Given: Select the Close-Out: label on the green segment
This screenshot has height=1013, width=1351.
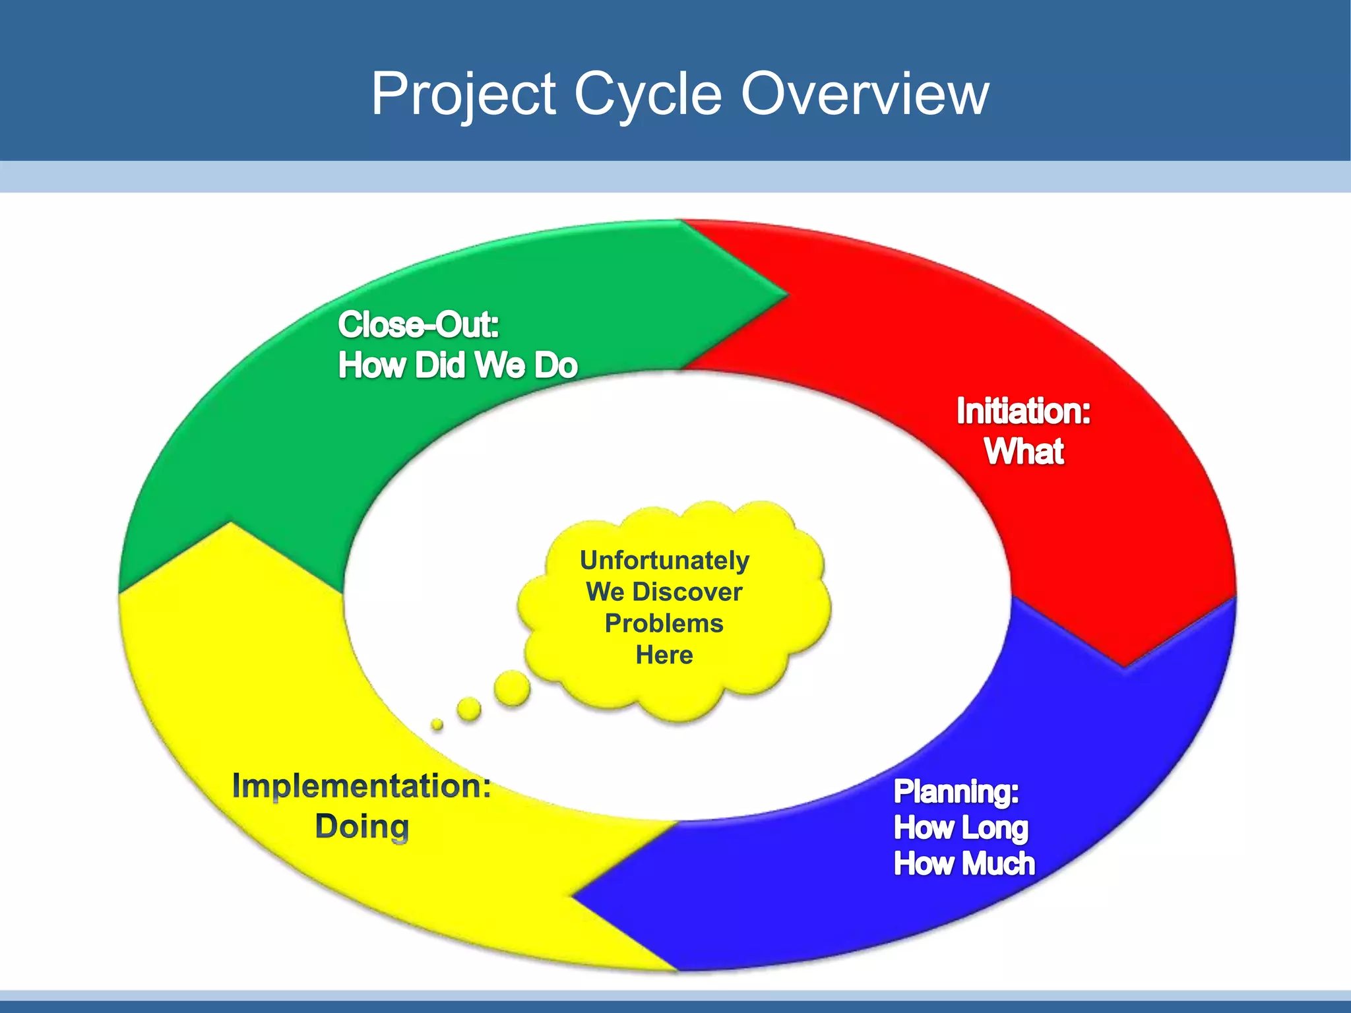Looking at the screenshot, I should pos(418,324).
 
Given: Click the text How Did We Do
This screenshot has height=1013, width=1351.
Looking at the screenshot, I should pos(457,365).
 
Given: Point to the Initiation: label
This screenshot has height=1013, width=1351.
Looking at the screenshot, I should pos(1023,411).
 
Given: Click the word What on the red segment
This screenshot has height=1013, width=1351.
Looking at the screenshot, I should pos(1024,452).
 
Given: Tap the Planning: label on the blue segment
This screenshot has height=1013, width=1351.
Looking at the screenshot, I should pos(956,791).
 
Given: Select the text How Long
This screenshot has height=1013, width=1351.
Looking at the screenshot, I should pos(960,828).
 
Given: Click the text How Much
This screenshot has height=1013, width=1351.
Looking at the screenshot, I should pos(964,864).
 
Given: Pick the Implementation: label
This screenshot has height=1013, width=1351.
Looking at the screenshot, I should pos(361,786).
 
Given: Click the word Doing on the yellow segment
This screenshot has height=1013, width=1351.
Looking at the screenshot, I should pos(361,826).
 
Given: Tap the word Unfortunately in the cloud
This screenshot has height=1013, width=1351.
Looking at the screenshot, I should pos(664,561).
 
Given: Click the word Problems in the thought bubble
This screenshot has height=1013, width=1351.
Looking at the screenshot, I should pos(664,623).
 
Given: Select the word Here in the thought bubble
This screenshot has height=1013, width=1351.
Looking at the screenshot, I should pos(664,655).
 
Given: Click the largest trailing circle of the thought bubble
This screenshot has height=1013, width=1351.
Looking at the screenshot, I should pos(512,689).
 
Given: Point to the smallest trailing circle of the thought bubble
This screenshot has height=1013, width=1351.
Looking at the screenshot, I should pos(437,724).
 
